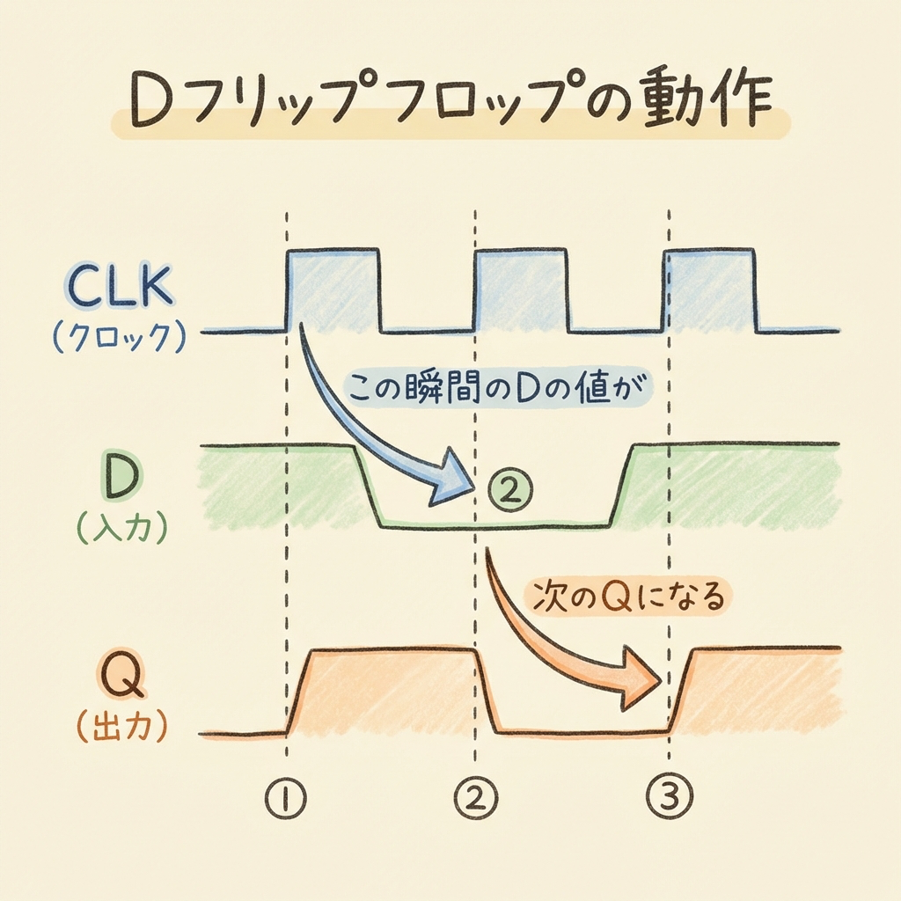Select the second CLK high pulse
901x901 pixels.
click(x=521, y=290)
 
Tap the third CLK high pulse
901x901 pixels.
click(x=710, y=290)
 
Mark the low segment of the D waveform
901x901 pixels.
click(x=493, y=524)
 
